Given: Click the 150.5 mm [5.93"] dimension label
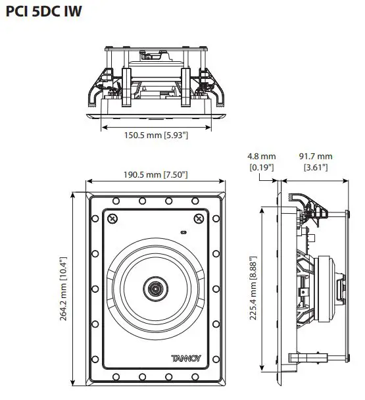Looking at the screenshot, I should coord(157,136).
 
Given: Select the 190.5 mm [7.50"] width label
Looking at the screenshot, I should coord(157,174).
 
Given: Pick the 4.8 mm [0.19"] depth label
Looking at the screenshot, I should coord(261,162).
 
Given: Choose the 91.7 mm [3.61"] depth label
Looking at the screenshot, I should coord(316,162).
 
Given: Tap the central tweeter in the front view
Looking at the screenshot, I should coord(157,288).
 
